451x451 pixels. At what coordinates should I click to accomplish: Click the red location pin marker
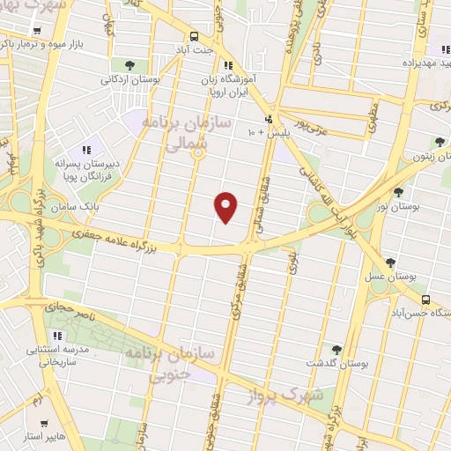227,206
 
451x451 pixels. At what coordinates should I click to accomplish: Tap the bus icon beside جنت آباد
194,36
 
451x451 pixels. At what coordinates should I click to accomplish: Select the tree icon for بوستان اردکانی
130,65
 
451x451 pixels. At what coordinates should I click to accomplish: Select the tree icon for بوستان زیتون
440,141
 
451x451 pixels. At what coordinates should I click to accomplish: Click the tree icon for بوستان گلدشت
335,350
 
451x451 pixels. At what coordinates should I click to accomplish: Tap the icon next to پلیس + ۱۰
269,120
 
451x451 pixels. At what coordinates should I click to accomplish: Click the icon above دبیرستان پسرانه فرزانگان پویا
86,150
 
